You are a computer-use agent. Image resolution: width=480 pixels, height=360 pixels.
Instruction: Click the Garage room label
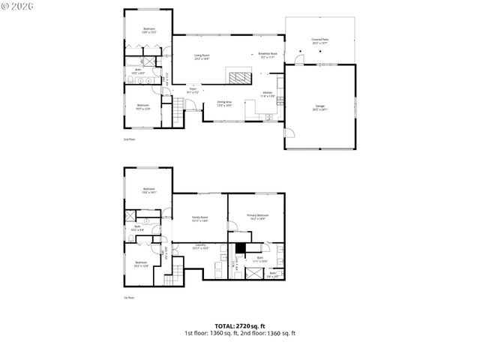coord(320,109)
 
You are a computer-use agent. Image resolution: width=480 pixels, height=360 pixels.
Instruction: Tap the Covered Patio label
coord(320,42)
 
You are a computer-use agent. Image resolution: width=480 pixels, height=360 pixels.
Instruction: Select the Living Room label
coord(202,57)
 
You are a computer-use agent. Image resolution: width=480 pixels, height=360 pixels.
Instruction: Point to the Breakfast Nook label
coord(268,55)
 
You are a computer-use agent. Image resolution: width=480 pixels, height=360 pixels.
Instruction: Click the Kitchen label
coord(267,94)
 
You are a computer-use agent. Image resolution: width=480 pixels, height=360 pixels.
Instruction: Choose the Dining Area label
coord(224,103)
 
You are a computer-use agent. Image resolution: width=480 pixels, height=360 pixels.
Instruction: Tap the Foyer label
coord(192,91)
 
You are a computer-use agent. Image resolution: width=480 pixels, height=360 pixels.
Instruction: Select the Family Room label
coord(199,218)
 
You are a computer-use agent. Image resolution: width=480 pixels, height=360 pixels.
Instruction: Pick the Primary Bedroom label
coord(258,217)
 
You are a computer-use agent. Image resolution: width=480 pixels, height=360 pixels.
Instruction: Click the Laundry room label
coord(200,247)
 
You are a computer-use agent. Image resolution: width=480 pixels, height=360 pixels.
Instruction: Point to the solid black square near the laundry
coord(240,249)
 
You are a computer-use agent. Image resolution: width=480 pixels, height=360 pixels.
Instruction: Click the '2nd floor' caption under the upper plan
coord(128,139)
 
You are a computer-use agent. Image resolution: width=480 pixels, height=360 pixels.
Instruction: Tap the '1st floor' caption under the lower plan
coord(128,297)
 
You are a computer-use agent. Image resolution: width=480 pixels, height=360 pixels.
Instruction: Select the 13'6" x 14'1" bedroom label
coord(148,190)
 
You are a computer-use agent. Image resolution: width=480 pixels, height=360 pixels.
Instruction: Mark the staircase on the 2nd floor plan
coord(178,113)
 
